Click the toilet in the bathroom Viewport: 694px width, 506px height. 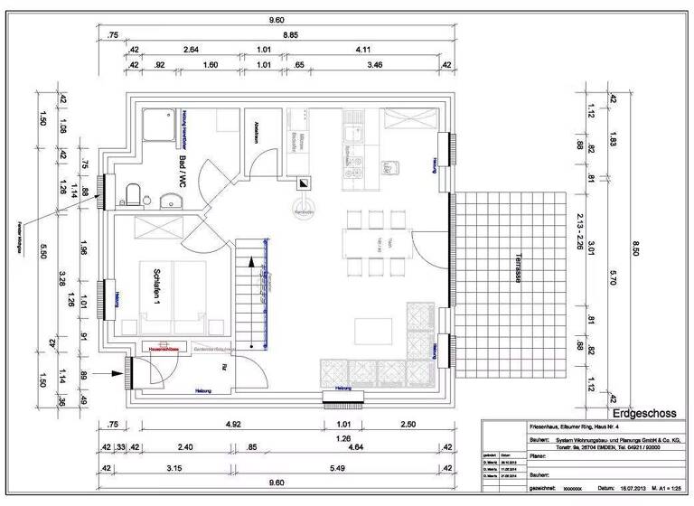point(133,194)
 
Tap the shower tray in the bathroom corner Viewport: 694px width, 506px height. point(160,121)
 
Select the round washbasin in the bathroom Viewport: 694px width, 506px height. point(166,201)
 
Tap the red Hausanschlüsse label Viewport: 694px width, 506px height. point(160,346)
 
